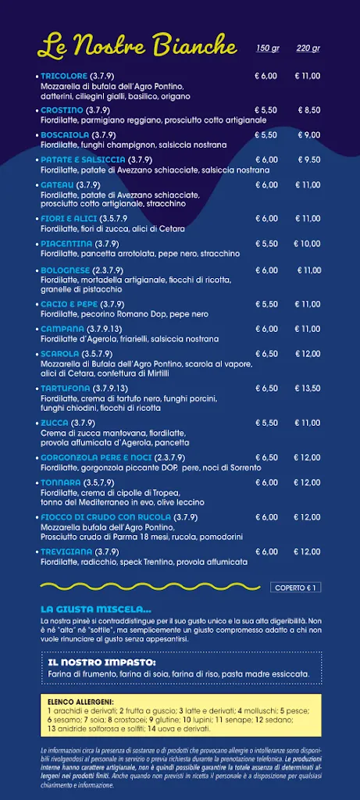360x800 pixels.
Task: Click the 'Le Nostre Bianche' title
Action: click(x=137, y=45)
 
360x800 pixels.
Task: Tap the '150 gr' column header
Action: click(x=267, y=48)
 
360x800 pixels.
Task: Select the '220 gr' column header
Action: click(x=308, y=48)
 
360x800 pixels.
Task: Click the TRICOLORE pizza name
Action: click(x=62, y=76)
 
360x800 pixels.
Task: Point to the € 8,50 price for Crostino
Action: click(x=308, y=110)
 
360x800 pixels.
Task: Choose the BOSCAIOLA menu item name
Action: click(x=64, y=135)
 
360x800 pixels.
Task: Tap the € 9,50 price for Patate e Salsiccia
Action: click(x=308, y=159)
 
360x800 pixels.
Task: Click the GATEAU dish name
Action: click(x=57, y=184)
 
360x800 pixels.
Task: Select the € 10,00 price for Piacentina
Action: click(x=308, y=244)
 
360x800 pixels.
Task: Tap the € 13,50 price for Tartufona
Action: click(x=308, y=388)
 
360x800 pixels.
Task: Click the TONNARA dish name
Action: click(x=61, y=482)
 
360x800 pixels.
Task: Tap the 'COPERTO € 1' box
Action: click(x=297, y=587)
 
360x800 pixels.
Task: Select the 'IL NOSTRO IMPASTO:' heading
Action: click(x=102, y=662)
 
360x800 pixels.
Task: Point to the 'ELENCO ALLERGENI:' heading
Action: click(x=80, y=702)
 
